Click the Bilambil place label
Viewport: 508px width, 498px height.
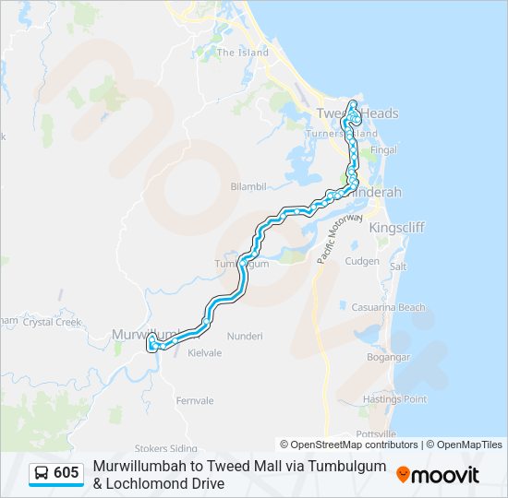[248, 185]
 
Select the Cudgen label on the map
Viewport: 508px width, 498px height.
[362, 261]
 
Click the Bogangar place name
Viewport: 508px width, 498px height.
[388, 356]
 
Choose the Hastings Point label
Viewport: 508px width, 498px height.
[395, 399]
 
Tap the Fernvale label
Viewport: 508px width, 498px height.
[195, 401]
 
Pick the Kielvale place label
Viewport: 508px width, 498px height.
[206, 353]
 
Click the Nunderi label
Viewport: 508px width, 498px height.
[245, 337]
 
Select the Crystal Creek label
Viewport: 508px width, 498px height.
[52, 322]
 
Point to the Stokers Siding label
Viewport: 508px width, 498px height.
[166, 448]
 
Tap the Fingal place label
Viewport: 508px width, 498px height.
[382, 150]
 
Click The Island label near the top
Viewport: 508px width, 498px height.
[243, 53]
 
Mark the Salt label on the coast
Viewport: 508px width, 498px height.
[398, 267]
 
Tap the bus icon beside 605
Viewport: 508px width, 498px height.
[42, 473]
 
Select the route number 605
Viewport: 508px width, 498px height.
[66, 473]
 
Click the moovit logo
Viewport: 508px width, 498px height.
[438, 475]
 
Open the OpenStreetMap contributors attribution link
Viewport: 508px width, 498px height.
[354, 445]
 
